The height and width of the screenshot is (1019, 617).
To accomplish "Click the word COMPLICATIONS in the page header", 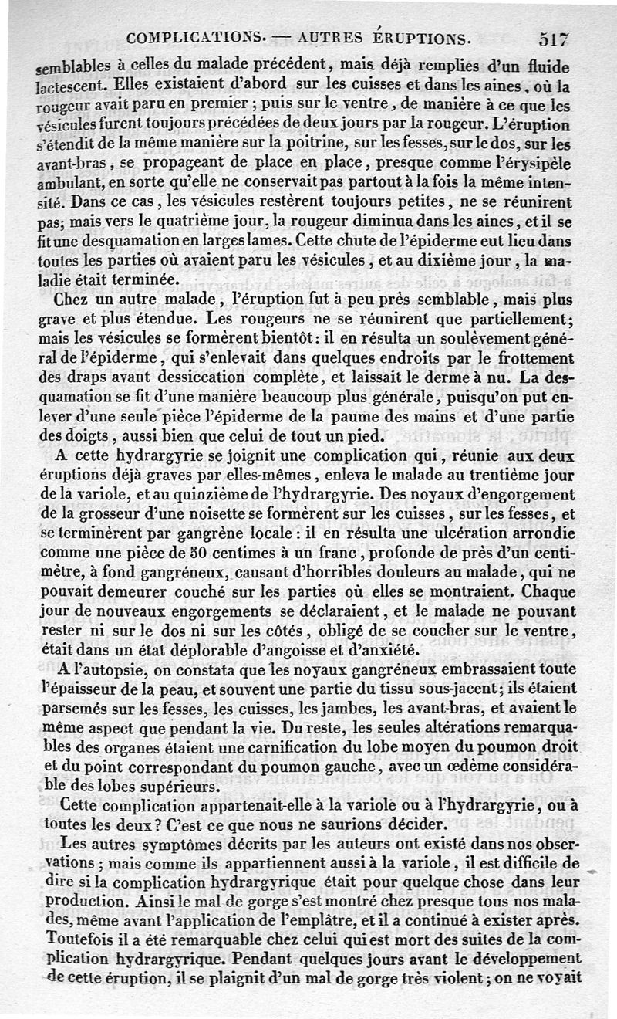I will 193,37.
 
